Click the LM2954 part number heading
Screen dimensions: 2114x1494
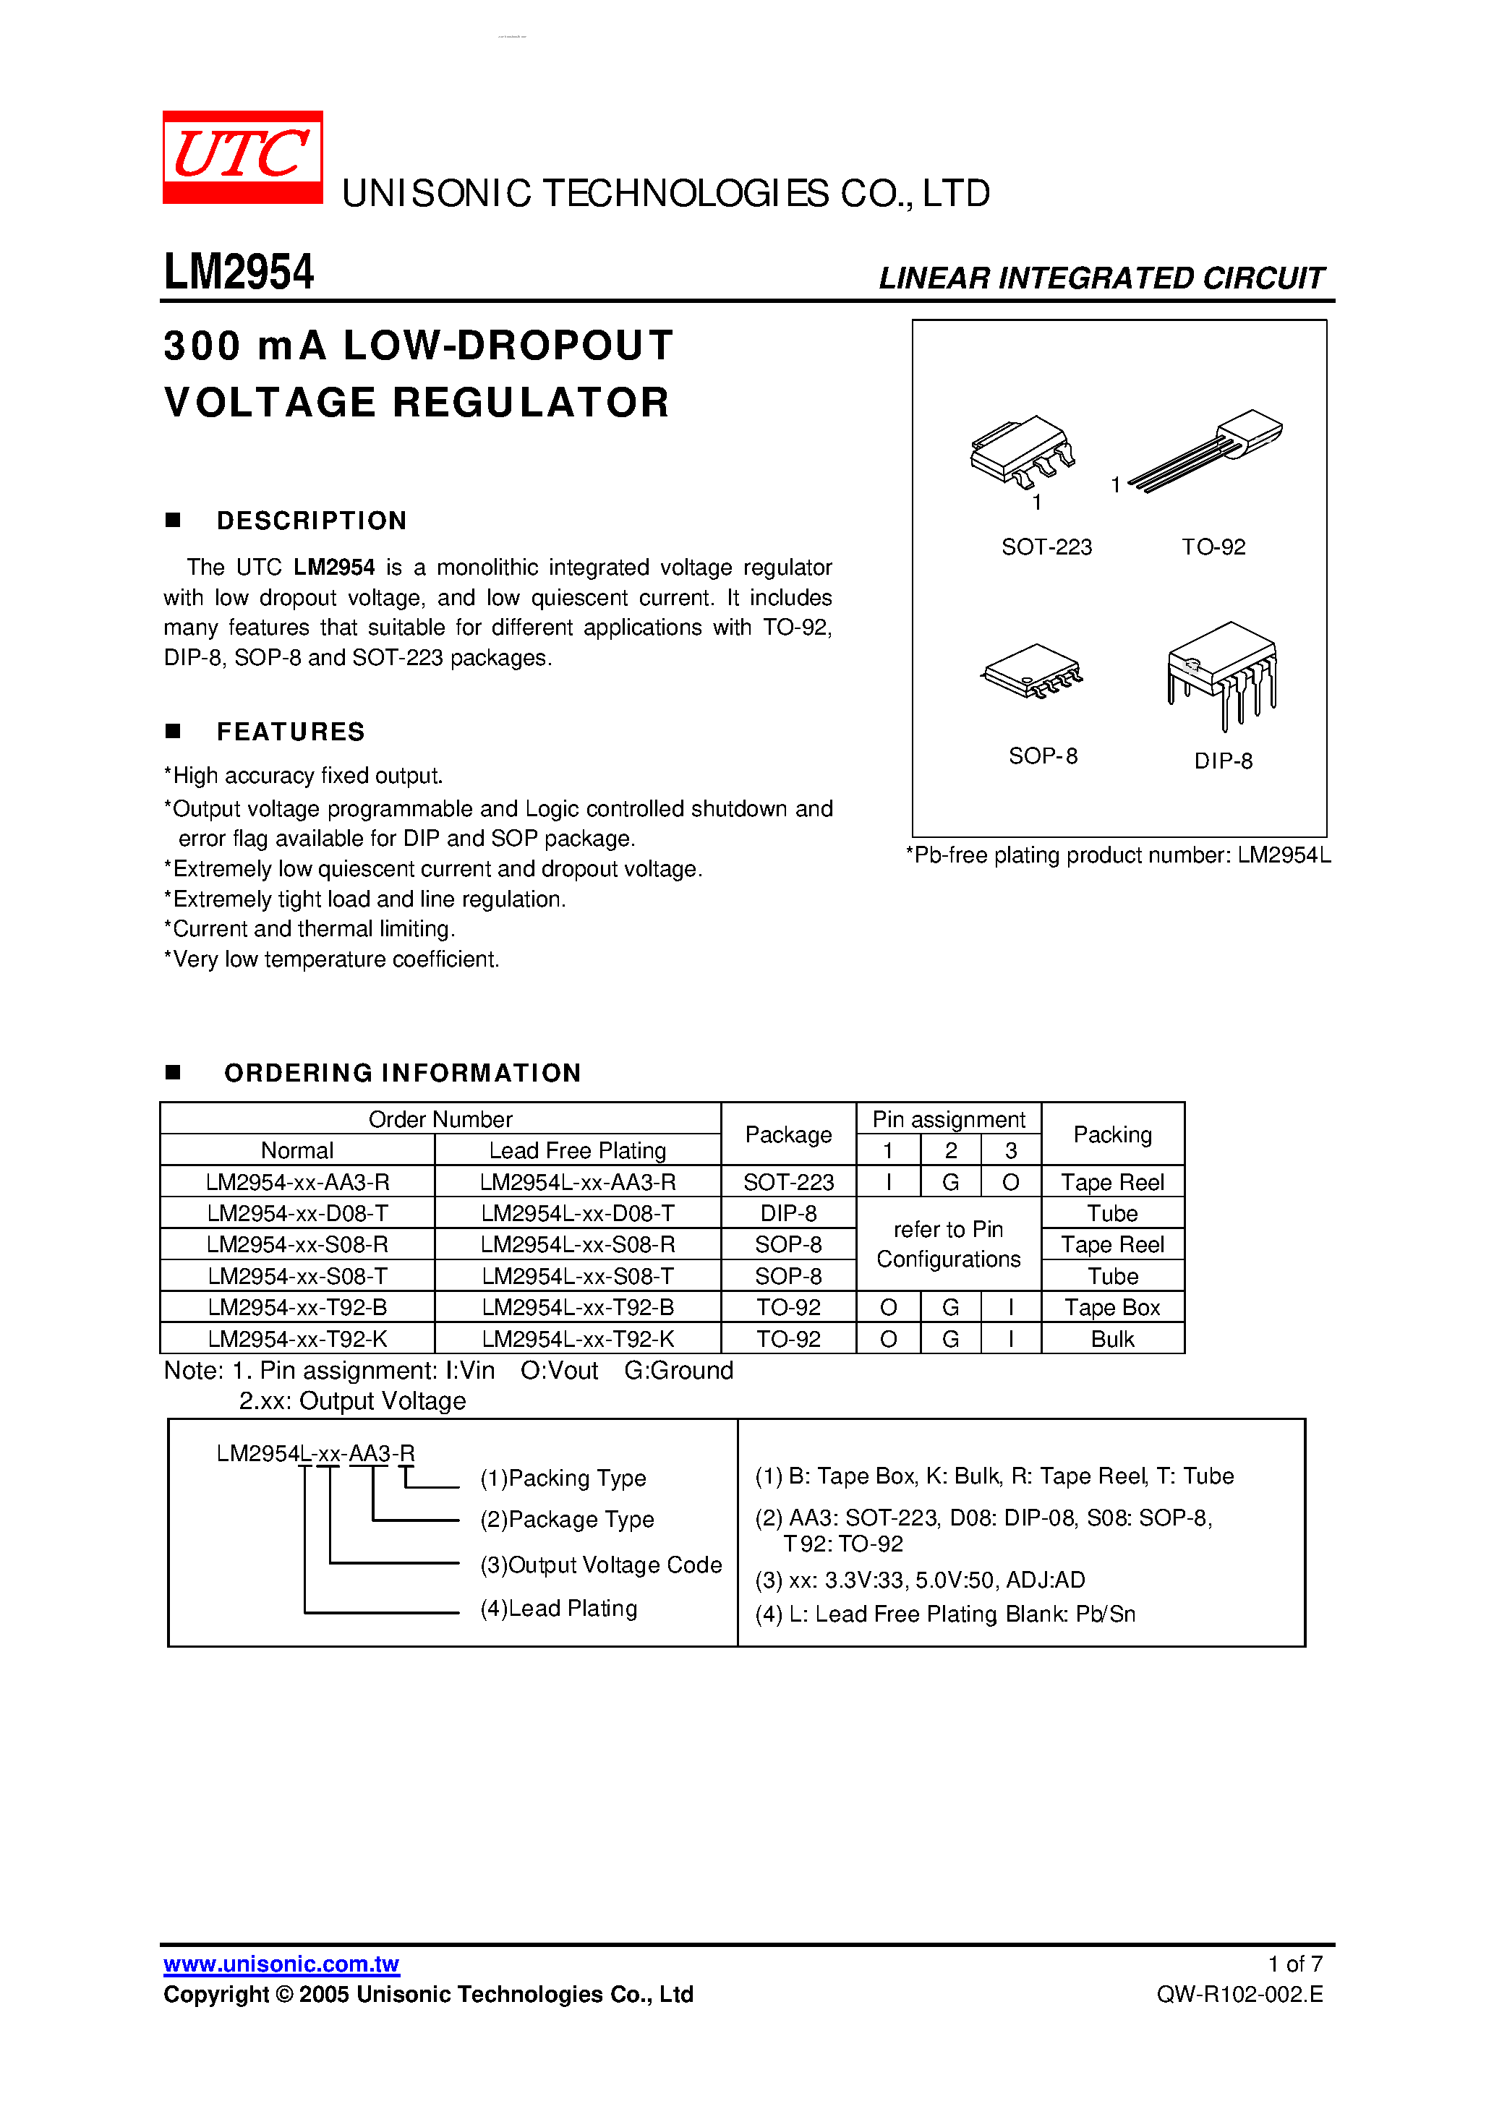239,273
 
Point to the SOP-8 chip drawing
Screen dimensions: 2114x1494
1032,670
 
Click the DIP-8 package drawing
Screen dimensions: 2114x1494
1222,670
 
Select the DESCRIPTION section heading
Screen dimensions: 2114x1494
312,521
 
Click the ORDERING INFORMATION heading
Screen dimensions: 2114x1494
403,1073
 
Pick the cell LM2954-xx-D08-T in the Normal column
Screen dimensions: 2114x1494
297,1212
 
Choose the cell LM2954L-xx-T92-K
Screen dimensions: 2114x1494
578,1339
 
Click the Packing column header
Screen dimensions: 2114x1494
1111,1134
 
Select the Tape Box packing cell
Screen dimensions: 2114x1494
1111,1307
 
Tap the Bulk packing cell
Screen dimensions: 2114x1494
1111,1339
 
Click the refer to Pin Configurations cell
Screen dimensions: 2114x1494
948,1244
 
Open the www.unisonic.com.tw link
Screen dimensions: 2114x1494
281,1964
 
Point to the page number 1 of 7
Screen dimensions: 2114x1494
1294,1964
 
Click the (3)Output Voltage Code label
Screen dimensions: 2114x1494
600,1565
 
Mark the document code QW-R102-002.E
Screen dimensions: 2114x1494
1239,1994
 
